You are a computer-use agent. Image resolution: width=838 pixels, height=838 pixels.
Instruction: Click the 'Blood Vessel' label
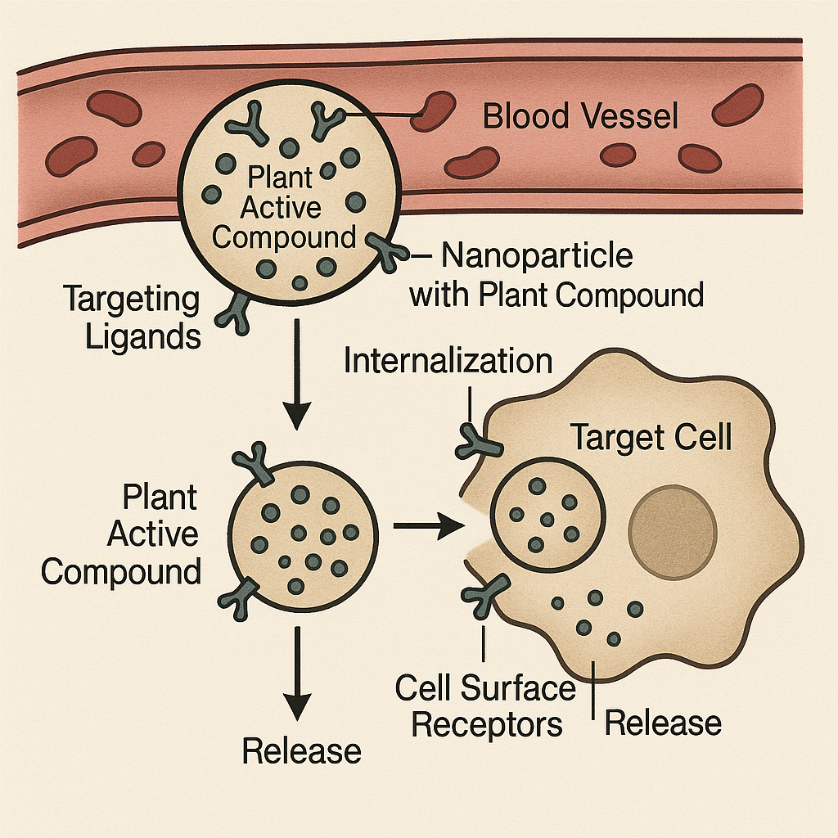tap(581, 116)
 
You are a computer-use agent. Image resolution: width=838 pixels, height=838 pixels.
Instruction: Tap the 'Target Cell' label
tap(651, 438)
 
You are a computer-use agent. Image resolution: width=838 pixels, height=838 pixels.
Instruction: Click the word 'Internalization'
tap(448, 361)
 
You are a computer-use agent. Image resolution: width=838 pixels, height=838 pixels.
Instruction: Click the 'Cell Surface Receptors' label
tap(486, 706)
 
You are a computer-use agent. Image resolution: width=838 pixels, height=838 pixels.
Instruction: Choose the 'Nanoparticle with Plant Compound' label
tap(556, 275)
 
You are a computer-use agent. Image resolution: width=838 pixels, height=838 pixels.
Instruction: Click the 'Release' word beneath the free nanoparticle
tap(302, 750)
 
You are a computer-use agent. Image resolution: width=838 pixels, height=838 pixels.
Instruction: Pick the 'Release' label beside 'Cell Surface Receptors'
tap(663, 723)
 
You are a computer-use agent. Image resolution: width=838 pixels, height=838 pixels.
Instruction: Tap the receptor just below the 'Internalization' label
tap(478, 441)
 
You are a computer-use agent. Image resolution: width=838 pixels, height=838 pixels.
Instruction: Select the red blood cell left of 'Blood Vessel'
tap(434, 110)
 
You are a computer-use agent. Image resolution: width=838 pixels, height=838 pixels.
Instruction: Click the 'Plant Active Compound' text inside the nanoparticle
tap(283, 208)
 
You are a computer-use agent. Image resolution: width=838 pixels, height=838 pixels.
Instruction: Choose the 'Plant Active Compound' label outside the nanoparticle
tap(121, 534)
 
